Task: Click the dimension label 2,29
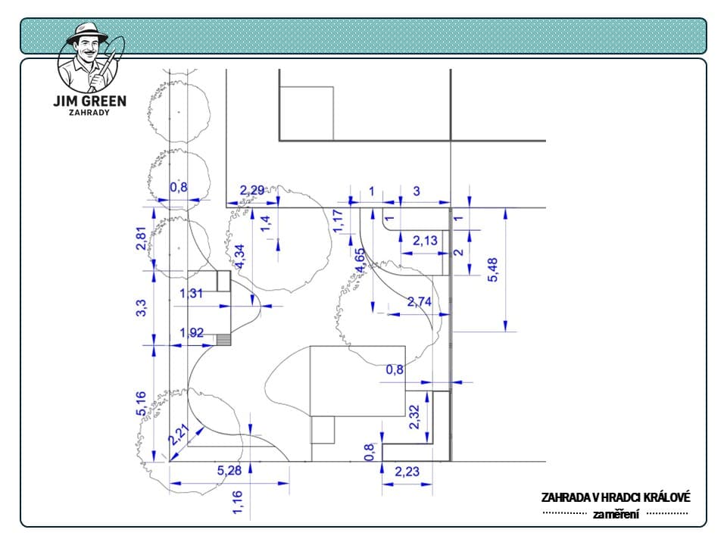pos(251,191)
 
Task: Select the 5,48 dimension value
pos(492,269)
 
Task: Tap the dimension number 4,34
pos(240,257)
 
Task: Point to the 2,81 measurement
pos(142,238)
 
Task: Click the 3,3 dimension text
pos(142,308)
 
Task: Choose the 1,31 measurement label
pos(191,294)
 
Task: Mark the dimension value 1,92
pos(192,333)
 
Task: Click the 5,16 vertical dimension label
pos(142,403)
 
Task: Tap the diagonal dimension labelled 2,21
pos(179,434)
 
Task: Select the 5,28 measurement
pos(229,471)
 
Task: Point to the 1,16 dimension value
pos(237,503)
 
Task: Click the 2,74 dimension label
pos(419,302)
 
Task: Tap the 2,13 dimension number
pos(425,241)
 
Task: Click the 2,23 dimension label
pos(407,472)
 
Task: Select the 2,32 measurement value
pos(414,417)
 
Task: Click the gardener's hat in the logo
pos(86,34)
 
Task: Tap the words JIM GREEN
pos(90,101)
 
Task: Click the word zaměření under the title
pos(616,515)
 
